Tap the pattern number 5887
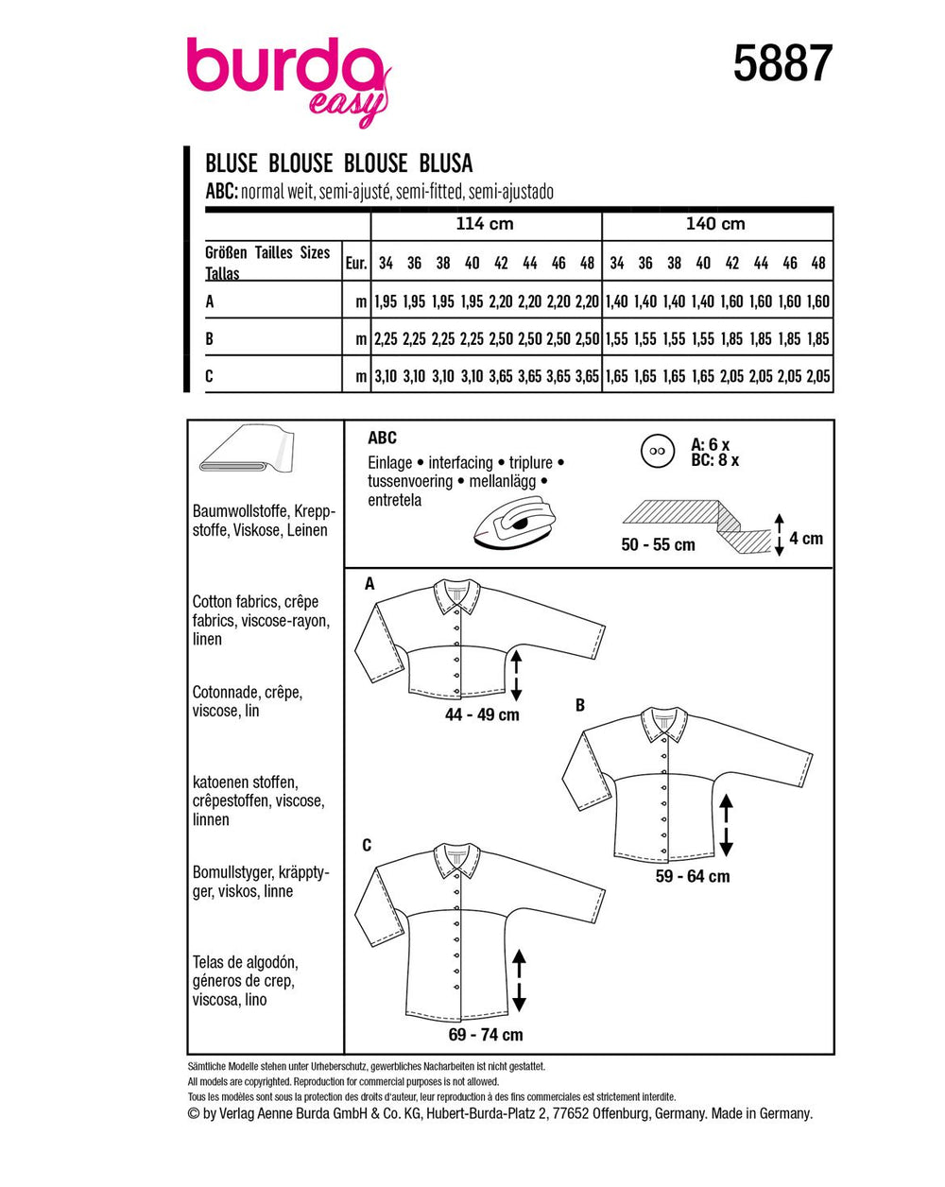click(x=782, y=64)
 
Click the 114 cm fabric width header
click(x=485, y=224)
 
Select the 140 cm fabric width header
click(x=715, y=224)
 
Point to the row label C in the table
click(x=210, y=375)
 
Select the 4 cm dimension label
click(x=806, y=539)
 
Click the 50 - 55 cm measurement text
click(x=659, y=545)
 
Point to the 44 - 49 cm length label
click(x=482, y=715)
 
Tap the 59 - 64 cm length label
click(x=693, y=876)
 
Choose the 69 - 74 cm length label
click(x=486, y=1035)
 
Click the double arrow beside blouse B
click(x=726, y=824)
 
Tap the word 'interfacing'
click(x=460, y=462)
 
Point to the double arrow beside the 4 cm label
click(x=780, y=535)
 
